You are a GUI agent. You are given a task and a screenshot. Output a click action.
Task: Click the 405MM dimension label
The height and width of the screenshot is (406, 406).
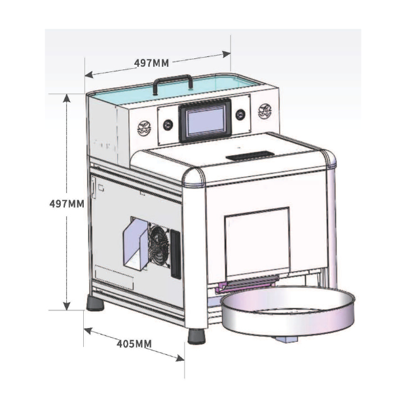pos(134,344)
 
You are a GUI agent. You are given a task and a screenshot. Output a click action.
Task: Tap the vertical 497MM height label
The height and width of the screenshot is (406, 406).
pos(67,204)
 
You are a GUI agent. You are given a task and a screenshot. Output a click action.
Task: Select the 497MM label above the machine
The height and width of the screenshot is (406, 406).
pos(151,63)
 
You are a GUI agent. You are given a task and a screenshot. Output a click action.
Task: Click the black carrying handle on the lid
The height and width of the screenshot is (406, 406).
pos(173,83)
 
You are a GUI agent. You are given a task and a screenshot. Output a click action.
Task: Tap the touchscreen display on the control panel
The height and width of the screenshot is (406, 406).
pos(206,120)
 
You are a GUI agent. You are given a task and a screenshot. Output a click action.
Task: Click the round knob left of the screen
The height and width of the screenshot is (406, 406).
pos(168,125)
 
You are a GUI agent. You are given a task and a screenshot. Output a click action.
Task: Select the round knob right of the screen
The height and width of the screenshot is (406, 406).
pos(240,115)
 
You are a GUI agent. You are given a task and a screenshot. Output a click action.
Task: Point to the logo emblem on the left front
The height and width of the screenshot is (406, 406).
pos(144,128)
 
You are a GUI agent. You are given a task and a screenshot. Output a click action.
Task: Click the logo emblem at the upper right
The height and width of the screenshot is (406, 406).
pos(265,111)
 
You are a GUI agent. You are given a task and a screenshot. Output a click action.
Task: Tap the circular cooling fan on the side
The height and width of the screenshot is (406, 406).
pos(158,245)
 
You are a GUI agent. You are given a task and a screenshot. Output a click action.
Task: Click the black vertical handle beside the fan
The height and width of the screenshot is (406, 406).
pos(175,254)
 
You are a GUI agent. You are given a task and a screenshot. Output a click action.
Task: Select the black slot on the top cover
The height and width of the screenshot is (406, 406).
pos(250,156)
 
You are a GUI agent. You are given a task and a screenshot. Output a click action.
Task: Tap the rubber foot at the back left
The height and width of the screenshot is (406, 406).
pos(96,303)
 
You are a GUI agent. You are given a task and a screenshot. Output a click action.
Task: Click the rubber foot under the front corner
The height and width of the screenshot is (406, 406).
pos(196,336)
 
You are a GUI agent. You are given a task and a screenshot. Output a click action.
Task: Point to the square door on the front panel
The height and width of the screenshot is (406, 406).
pos(257,242)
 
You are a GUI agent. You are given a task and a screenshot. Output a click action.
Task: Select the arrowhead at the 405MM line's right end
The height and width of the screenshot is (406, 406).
pos(180,358)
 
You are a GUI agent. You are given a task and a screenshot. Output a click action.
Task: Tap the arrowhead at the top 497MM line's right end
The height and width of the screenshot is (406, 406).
pos(226,54)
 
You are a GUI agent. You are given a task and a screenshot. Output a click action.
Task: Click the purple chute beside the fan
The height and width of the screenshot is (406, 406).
pos(136,244)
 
